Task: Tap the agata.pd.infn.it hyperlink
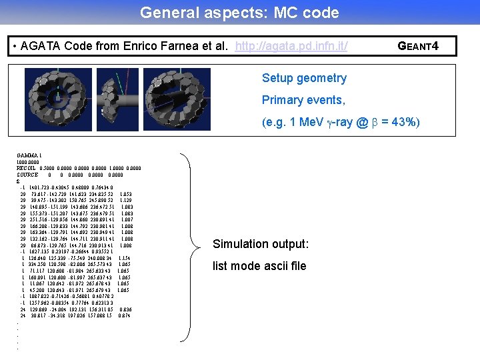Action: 291,46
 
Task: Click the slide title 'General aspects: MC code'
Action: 239,13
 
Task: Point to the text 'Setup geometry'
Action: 304,78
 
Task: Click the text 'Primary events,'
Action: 303,100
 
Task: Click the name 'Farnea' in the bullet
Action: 175,46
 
